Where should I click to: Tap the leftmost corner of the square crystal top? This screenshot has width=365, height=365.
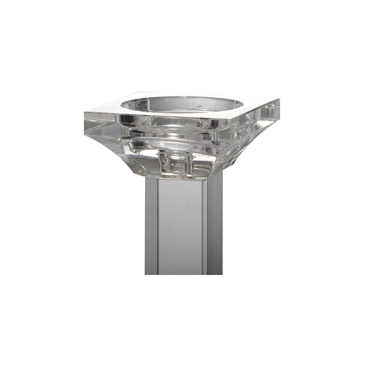[x=84, y=113]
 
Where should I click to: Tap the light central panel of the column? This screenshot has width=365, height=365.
[x=182, y=225]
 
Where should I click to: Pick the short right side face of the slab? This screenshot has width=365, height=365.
[x=255, y=119]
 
